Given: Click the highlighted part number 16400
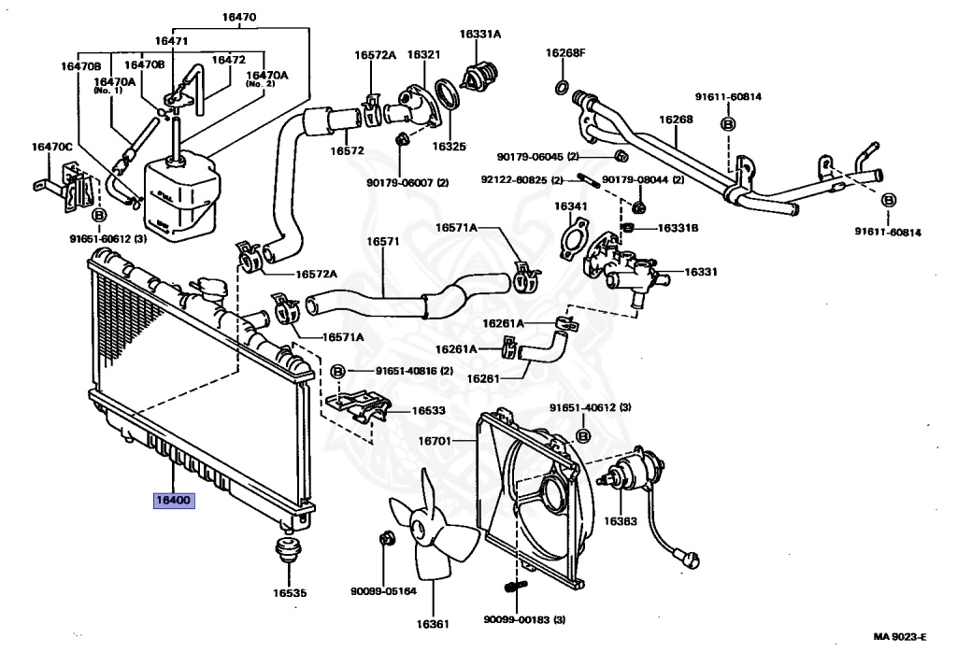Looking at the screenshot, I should point(174,500).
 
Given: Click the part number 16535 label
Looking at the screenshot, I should point(289,592).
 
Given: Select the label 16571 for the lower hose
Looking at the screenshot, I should point(382,241).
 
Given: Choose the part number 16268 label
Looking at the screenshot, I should point(676,120).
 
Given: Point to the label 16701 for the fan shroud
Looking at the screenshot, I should point(436,440).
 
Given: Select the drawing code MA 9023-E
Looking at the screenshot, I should point(899,638).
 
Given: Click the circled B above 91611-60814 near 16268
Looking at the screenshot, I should point(727,124).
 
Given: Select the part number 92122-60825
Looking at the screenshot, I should point(515,179).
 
